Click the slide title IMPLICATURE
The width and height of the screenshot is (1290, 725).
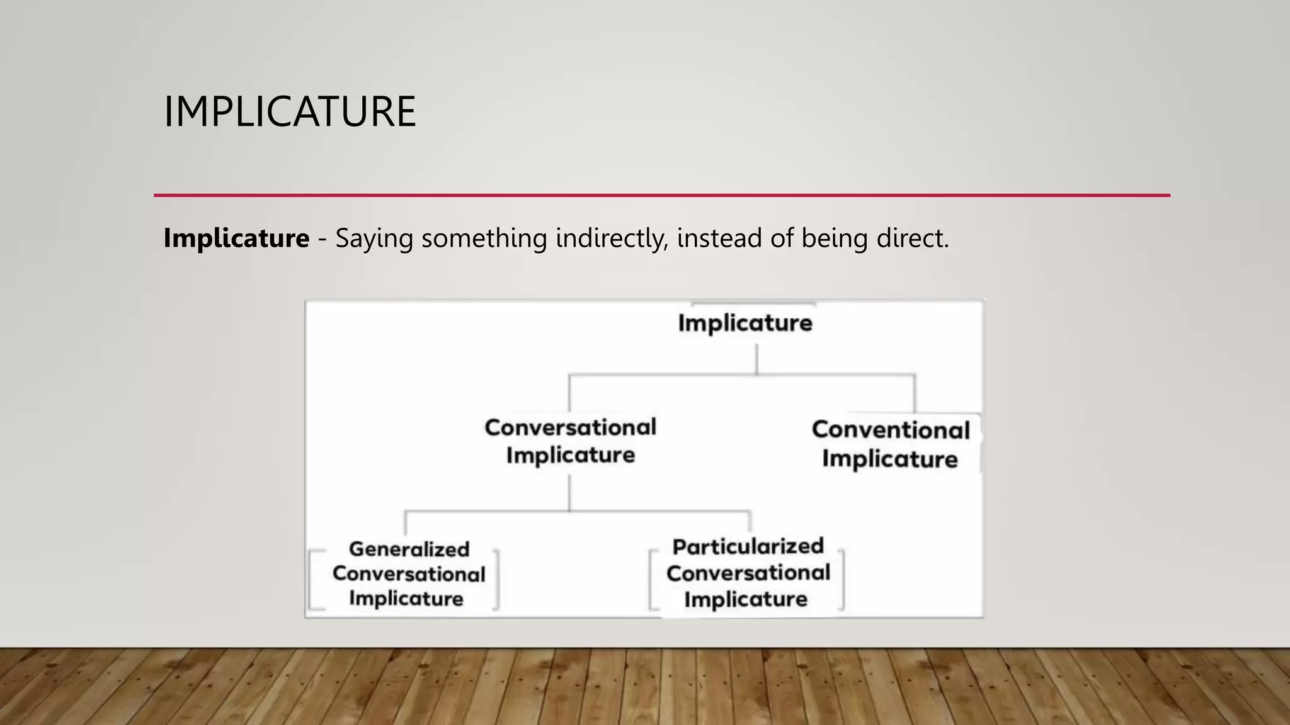(x=290, y=112)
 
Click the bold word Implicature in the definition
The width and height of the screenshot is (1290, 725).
(x=236, y=239)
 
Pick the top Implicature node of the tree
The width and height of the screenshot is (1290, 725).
(x=745, y=323)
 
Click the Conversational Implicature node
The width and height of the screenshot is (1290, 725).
(x=570, y=441)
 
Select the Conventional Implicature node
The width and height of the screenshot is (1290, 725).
(x=890, y=444)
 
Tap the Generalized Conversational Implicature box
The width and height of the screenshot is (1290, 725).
(x=408, y=574)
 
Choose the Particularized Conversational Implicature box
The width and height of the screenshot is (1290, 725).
(x=748, y=573)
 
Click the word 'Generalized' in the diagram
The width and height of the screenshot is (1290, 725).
(x=409, y=549)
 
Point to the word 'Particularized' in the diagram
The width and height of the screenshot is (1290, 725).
(x=748, y=546)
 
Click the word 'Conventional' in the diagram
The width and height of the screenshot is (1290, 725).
(x=890, y=430)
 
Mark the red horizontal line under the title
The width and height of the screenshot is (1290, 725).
(x=661, y=196)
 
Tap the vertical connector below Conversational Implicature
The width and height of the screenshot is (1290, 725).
(x=569, y=492)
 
